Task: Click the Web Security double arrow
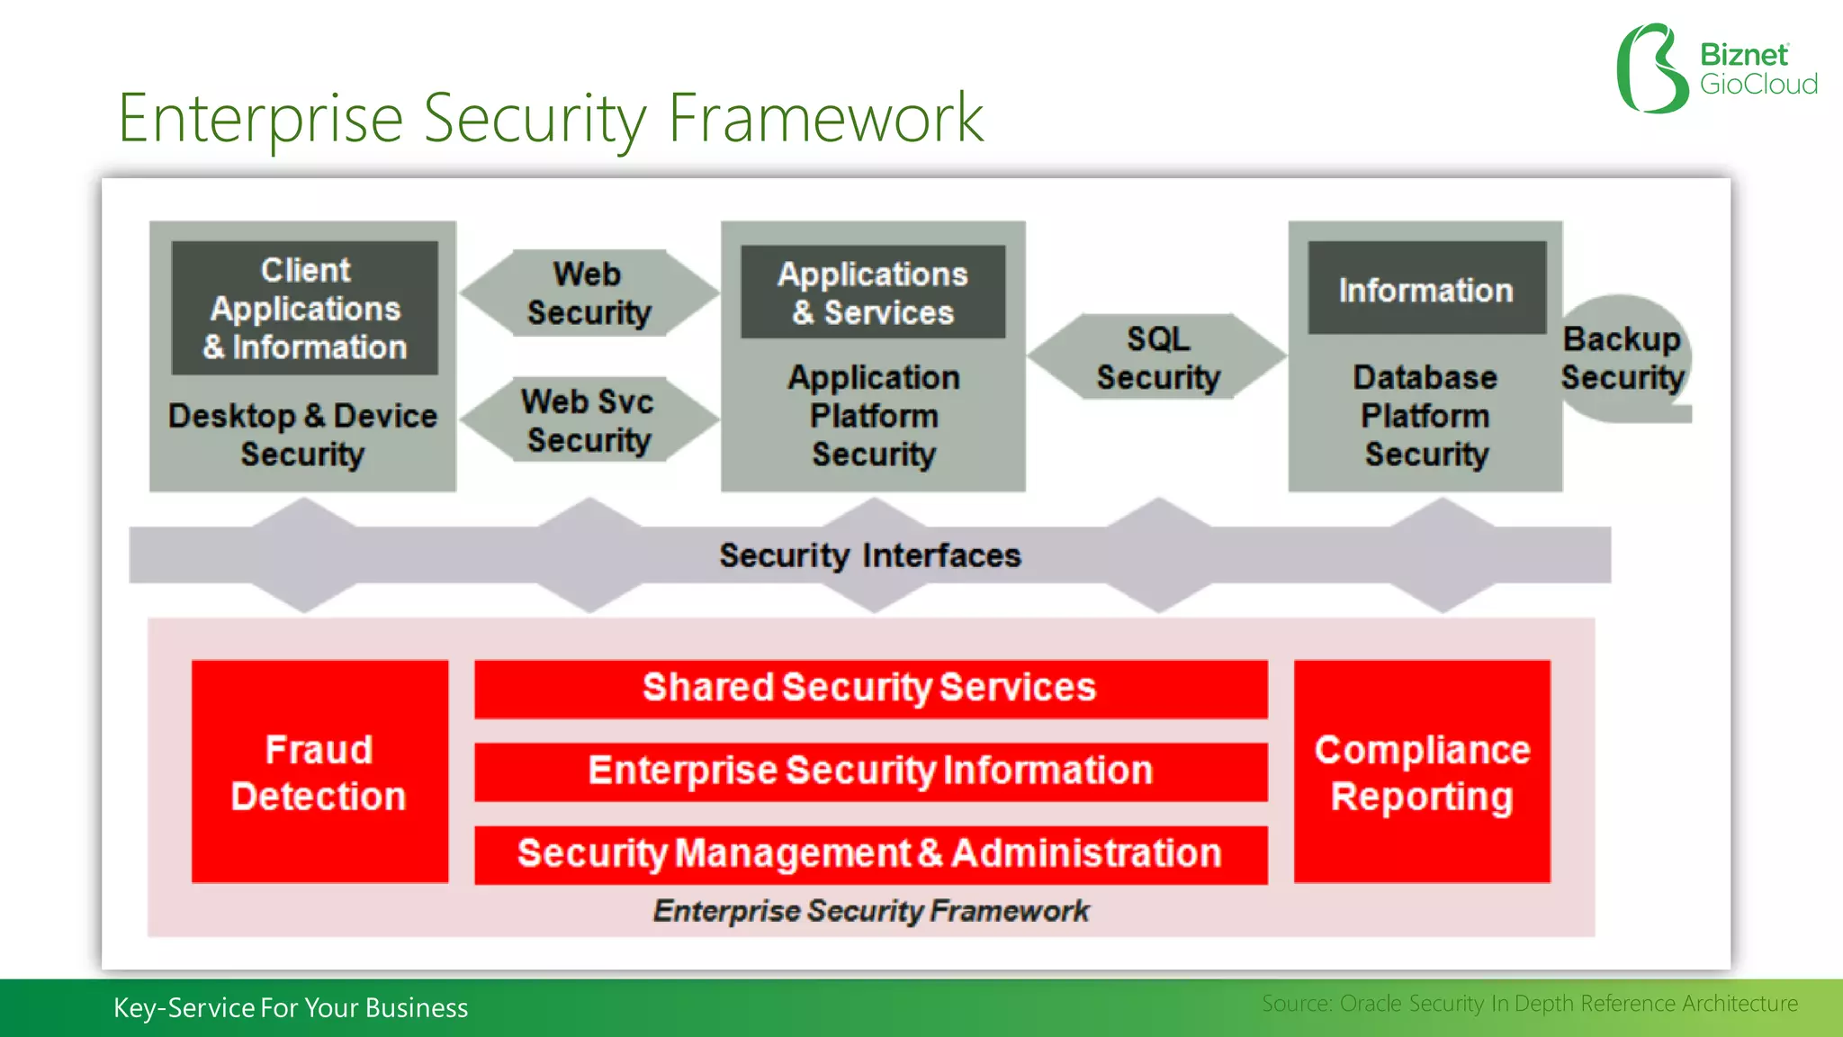(589, 293)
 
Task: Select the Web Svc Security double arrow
(589, 420)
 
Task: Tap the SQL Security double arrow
(1157, 357)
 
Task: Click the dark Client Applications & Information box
(305, 308)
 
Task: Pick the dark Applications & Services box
(872, 293)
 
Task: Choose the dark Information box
(1426, 290)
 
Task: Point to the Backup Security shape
(1623, 358)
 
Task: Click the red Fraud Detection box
(319, 772)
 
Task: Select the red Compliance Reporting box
(1422, 772)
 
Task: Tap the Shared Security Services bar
(870, 689)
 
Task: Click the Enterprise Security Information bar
(870, 771)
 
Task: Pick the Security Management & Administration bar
(870, 853)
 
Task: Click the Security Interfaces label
(870, 555)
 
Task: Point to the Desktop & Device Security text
(302, 435)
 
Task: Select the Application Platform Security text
(874, 416)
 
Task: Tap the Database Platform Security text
(1425, 416)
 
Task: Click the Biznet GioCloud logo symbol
(1651, 68)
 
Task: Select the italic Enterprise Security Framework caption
(870, 911)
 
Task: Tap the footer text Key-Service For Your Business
(291, 1007)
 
